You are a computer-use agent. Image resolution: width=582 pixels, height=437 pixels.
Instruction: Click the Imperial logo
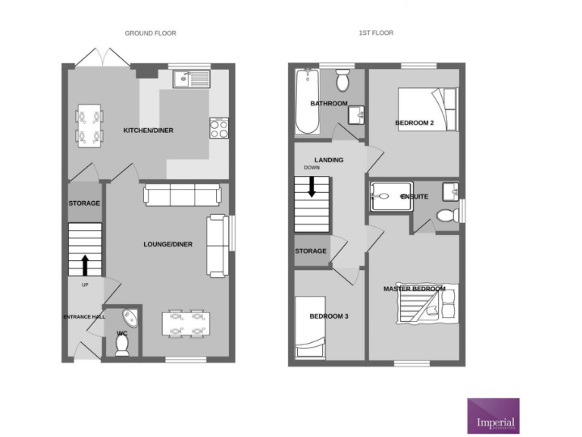click(x=493, y=416)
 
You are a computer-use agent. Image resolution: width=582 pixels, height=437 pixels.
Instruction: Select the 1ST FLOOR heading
click(x=376, y=33)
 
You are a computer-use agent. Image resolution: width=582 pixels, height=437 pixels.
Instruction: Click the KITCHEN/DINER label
click(x=149, y=130)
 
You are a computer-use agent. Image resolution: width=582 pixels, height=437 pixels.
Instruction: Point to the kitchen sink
click(x=191, y=77)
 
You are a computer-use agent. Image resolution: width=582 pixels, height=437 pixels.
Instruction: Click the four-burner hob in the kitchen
click(x=218, y=129)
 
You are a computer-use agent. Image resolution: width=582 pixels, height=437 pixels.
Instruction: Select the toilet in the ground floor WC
click(x=122, y=345)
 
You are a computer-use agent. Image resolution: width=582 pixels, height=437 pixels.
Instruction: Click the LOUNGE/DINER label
click(x=167, y=244)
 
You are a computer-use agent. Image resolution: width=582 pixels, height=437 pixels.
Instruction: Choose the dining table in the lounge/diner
click(x=185, y=323)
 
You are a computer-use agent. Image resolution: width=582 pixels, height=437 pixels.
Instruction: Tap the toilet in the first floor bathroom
click(x=343, y=78)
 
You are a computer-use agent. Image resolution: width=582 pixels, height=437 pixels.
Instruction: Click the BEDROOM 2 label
click(x=414, y=123)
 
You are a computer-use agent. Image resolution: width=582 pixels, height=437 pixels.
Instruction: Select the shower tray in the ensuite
click(x=388, y=196)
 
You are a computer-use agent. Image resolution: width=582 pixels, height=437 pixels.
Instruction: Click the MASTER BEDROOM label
click(x=414, y=289)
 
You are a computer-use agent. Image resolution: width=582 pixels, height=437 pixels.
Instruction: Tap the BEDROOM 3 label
click(x=329, y=316)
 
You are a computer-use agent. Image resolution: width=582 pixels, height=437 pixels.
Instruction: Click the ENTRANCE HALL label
click(x=83, y=316)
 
